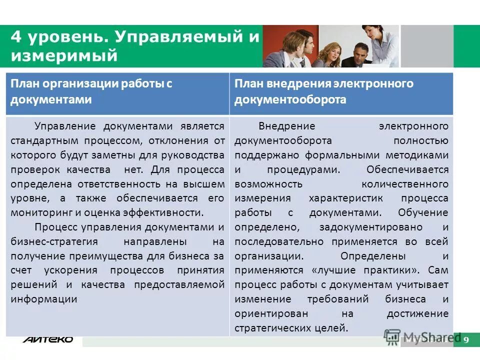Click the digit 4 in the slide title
tap(16, 37)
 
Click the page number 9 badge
tap(466, 340)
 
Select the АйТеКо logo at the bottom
tap(47, 339)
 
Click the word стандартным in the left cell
tap(40, 140)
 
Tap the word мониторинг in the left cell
tap(37, 212)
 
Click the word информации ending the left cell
tap(43, 299)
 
